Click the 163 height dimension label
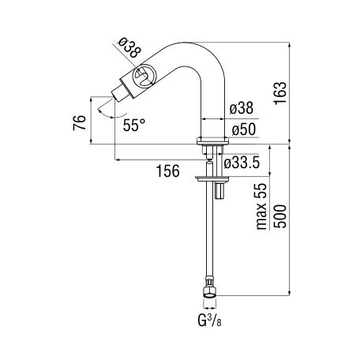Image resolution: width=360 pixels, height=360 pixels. coord(280,93)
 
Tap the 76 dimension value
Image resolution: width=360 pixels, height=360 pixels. coord(80,122)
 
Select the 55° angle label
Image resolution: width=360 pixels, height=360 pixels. coord(134,125)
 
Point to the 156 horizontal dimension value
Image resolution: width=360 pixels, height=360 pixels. coord(168,171)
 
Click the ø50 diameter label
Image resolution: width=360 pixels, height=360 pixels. coord(244,129)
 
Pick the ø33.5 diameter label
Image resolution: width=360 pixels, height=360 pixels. coord(242,163)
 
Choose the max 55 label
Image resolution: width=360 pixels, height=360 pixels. coord(262,206)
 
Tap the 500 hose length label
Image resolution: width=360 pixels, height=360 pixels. coord(280,216)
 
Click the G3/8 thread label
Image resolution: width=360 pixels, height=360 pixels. coord(209,321)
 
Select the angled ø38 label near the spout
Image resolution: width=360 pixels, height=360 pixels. coord(129,47)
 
